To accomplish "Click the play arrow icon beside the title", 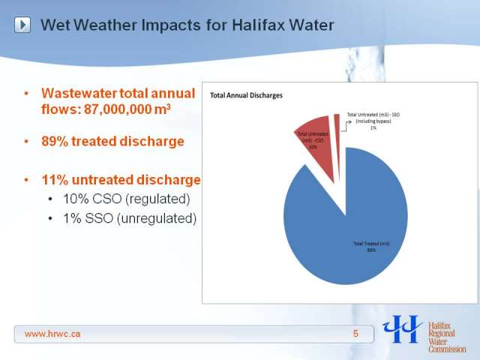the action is [22, 25].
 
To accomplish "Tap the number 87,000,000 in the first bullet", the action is [118, 109].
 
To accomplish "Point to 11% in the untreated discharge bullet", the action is [55, 180].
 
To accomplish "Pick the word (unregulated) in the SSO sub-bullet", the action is [157, 218].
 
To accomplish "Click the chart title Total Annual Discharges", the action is [246, 95].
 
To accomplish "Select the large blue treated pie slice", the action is [346, 232].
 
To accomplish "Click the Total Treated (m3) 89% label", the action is [372, 247].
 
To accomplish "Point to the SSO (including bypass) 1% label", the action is [373, 121].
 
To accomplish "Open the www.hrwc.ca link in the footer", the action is [52, 334].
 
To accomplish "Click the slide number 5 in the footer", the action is [355, 334].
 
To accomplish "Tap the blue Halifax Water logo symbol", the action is [402, 328].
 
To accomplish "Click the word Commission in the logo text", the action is [447, 349].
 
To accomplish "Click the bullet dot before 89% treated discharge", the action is [26, 142].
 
